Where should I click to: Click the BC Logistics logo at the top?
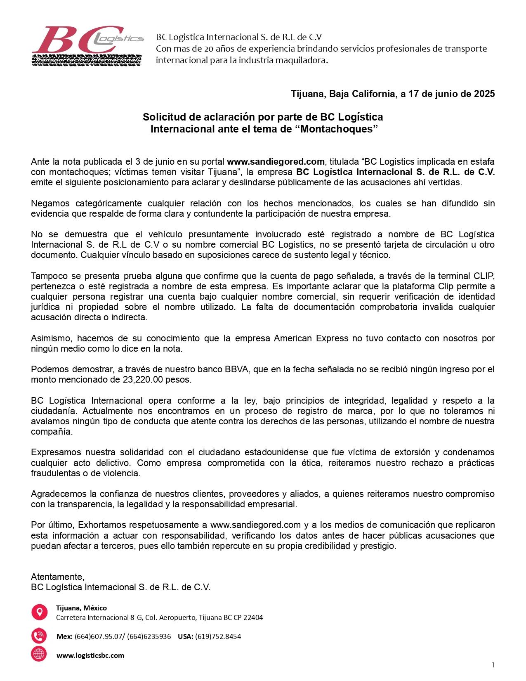click(87, 45)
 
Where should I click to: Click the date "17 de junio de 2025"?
click(451, 94)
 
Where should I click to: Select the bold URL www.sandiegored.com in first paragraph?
click(276, 161)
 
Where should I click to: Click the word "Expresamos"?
click(54, 452)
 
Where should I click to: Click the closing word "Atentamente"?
click(57, 577)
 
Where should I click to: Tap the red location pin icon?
click(39, 612)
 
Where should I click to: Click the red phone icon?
click(39, 636)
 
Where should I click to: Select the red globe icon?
click(39, 655)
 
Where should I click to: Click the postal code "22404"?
click(253, 618)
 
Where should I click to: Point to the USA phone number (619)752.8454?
click(218, 636)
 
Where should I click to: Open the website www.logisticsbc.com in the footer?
click(90, 655)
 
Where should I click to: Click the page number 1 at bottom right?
click(493, 664)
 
